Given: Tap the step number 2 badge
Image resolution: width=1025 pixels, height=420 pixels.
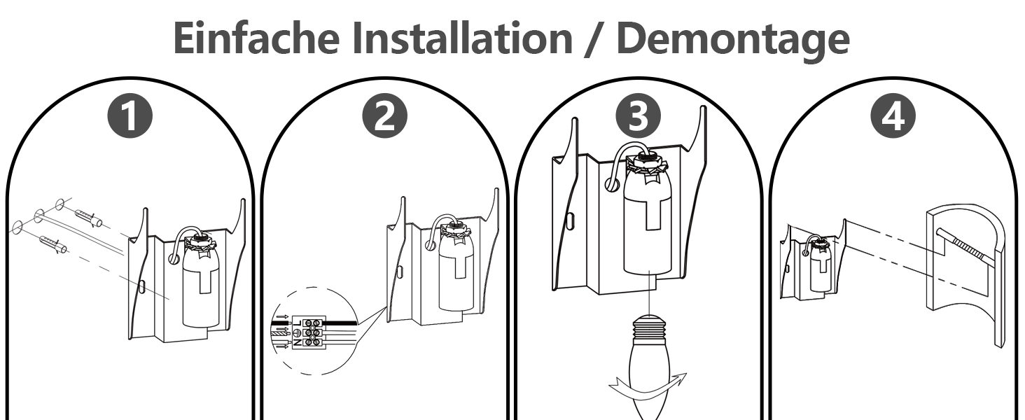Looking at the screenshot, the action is click(384, 117).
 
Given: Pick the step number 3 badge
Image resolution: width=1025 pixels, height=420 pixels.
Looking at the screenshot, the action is click(638, 117).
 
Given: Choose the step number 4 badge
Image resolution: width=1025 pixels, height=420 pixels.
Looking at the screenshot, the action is click(893, 117).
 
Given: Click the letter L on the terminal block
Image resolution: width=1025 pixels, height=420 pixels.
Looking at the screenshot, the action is click(298, 322).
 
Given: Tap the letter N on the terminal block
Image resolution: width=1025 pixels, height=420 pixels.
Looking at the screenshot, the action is click(298, 342).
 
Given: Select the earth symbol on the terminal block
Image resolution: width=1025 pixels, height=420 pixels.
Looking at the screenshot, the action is click(298, 332).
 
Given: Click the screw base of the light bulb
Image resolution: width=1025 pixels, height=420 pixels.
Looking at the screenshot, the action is click(650, 328).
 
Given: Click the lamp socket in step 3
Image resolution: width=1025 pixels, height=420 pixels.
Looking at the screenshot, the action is click(652, 224).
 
